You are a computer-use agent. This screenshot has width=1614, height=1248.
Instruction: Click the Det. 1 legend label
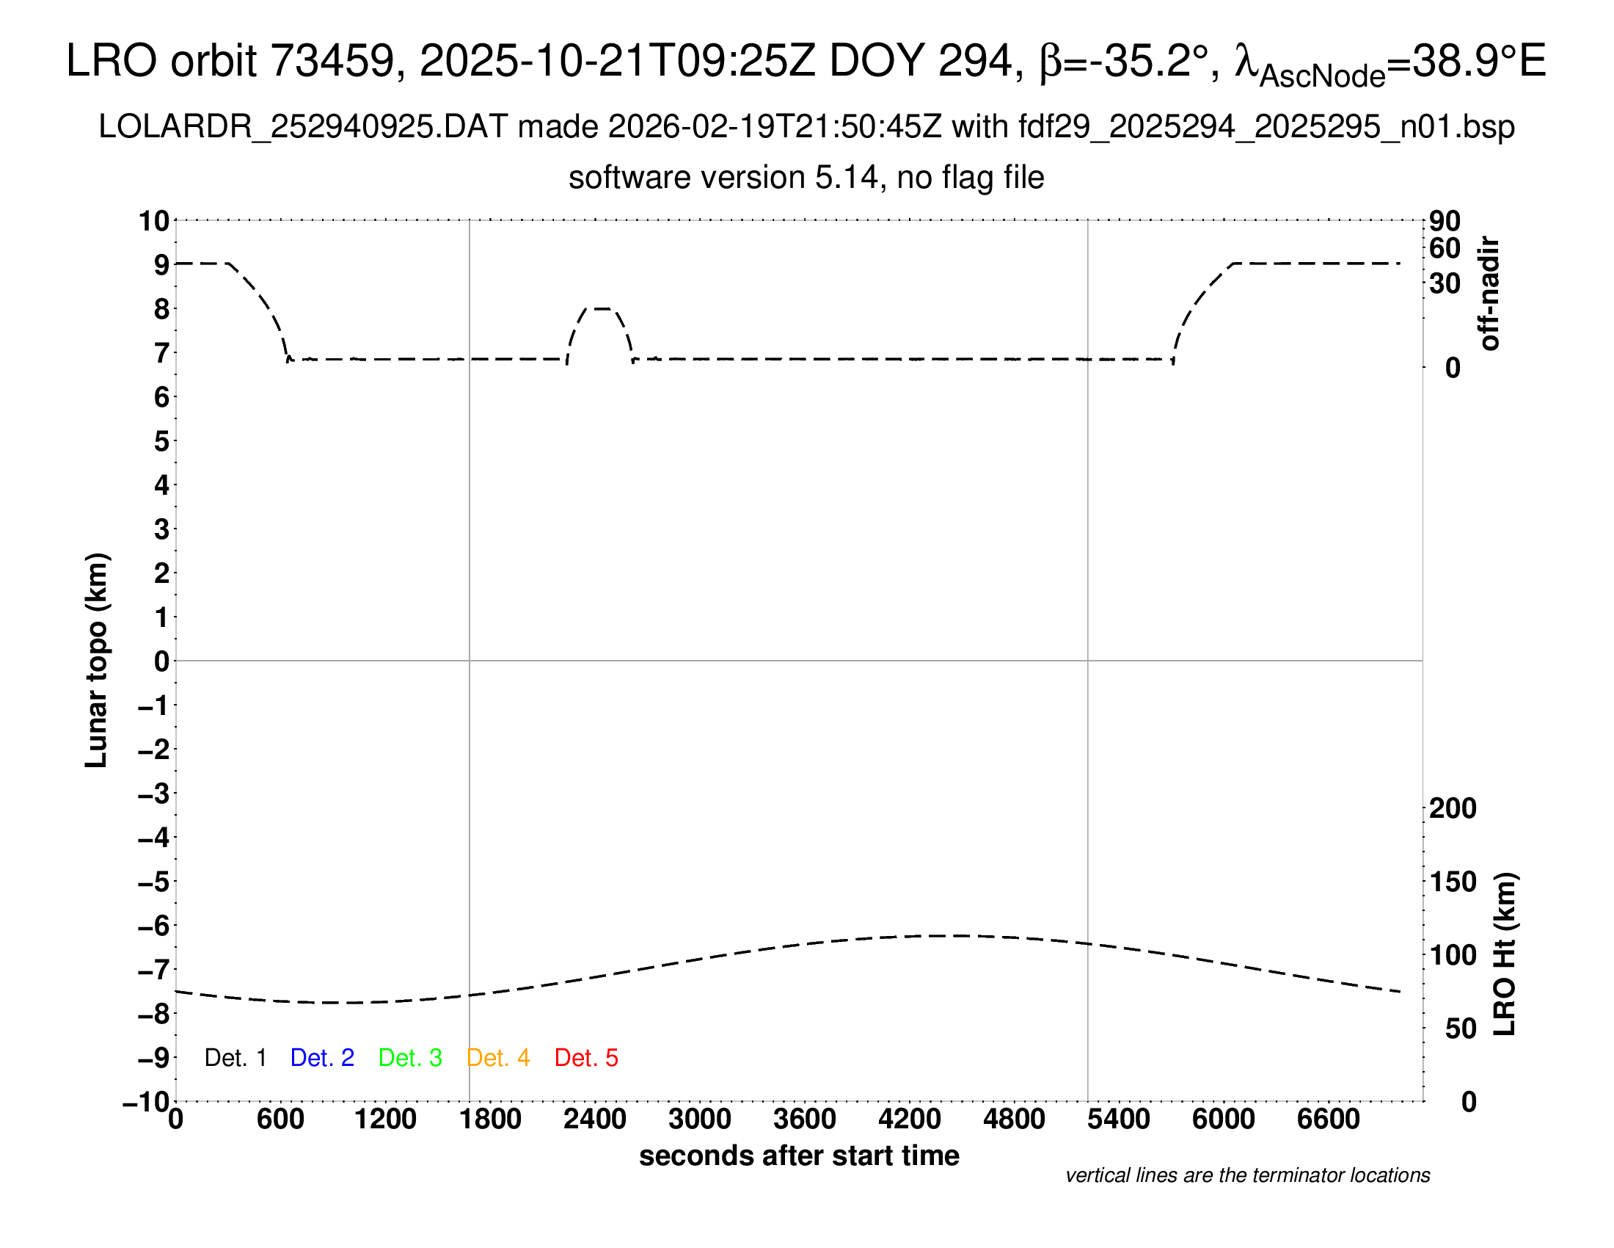pos(235,1058)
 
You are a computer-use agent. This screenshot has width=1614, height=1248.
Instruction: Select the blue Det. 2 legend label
pos(322,1058)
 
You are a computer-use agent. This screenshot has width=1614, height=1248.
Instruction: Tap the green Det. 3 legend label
pos(410,1058)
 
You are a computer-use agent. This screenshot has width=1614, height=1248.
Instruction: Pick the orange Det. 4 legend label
pos(498,1058)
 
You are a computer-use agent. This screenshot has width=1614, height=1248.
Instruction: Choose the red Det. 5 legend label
pos(586,1058)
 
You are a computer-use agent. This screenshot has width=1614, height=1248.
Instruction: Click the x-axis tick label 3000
pos(699,1120)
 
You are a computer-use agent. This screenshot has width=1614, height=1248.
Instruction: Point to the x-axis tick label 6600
pos(1328,1120)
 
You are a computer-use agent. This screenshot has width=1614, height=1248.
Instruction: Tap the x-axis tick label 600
pos(280,1120)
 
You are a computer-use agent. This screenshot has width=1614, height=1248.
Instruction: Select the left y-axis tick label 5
pos(162,441)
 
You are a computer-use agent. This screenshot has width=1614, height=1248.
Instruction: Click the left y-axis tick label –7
pos(154,969)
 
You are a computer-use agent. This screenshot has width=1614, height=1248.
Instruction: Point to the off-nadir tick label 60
pos(1445,248)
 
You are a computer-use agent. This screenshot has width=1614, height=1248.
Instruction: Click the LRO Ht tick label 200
pos(1453,808)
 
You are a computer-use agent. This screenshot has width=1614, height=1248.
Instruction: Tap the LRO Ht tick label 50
pos(1460,1028)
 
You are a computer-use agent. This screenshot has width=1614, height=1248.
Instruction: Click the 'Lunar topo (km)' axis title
pos(97,660)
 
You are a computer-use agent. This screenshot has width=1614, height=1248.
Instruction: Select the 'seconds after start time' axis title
pos(799,1156)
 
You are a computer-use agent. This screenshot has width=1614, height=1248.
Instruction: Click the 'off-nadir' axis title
pos(1489,294)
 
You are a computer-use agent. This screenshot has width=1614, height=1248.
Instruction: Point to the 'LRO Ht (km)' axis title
pos(1505,954)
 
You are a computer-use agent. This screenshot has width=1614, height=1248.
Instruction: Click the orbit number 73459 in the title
pos(333,61)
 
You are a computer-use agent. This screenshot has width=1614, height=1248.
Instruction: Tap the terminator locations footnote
pos(1247,1175)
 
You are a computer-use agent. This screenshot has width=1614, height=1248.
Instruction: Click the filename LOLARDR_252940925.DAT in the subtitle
pos(303,127)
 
